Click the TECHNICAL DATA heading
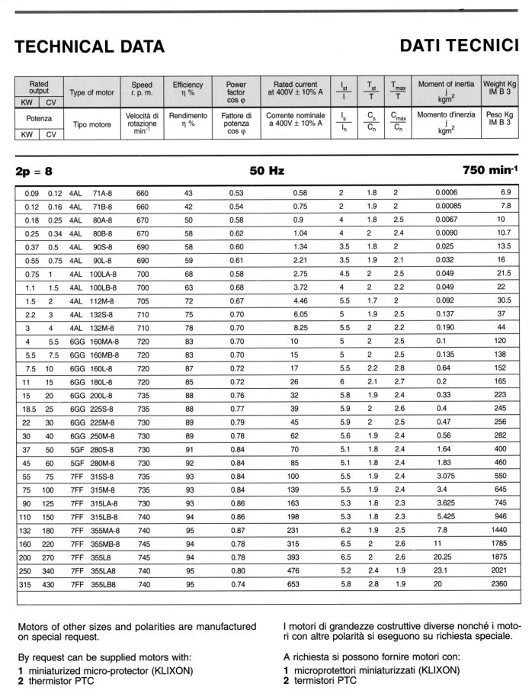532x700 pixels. [x=91, y=47]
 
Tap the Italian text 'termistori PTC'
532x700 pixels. [x=322, y=679]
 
